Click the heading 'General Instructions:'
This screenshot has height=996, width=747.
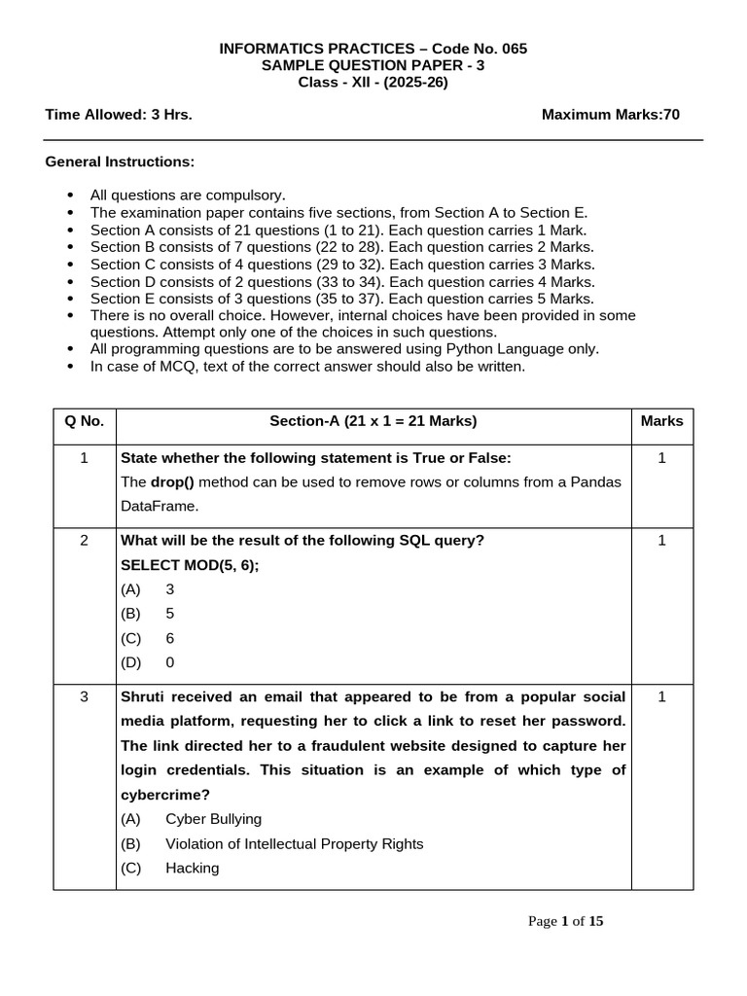120,160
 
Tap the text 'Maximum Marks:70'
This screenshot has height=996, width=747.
610,115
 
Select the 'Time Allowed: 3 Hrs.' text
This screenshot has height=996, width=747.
119,115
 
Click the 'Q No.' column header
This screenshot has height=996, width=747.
84,421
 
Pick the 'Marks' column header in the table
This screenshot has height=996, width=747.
661,421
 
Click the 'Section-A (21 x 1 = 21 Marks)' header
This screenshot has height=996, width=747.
373,421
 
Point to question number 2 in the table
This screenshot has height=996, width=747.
84,541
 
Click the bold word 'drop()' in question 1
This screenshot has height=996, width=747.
171,482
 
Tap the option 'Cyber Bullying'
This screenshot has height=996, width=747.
213,819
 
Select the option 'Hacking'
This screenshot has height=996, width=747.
192,868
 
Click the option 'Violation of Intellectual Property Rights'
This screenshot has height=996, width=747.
294,843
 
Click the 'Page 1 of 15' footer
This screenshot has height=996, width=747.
565,921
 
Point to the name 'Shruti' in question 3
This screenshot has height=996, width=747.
143,697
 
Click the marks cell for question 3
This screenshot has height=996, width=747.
661,697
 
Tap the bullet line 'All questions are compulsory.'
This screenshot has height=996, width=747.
188,195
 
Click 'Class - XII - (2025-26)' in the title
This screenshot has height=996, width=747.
373,82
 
